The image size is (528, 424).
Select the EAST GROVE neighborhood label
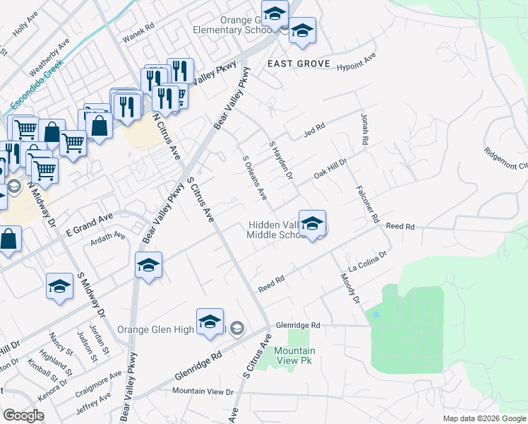(299, 64)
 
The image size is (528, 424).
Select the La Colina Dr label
(369, 262)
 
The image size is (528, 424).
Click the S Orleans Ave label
(254, 177)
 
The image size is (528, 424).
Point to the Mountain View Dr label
(203, 391)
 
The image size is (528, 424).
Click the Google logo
(23, 416)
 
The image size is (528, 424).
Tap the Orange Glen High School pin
(210, 322)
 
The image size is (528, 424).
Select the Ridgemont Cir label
(505, 158)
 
